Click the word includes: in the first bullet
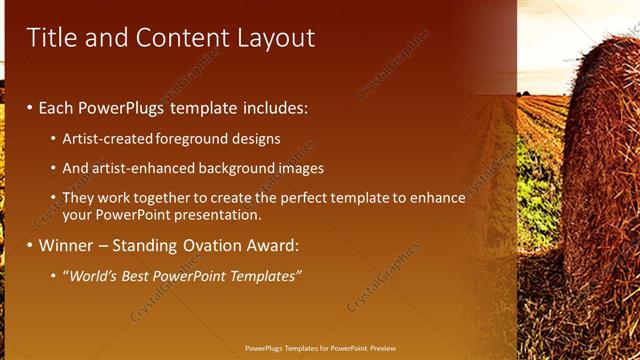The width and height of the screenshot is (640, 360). [x=272, y=107]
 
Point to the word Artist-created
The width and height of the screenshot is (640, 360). [x=107, y=139]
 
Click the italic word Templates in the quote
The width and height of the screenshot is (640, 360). [x=264, y=276]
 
